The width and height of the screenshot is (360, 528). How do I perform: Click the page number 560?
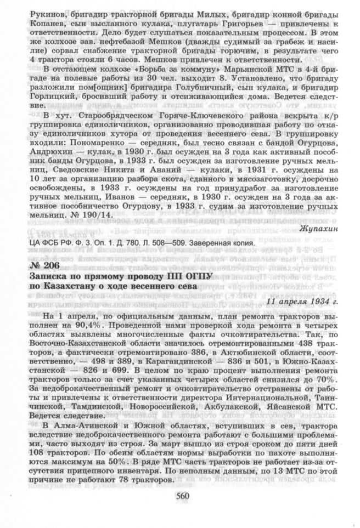(182, 496)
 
